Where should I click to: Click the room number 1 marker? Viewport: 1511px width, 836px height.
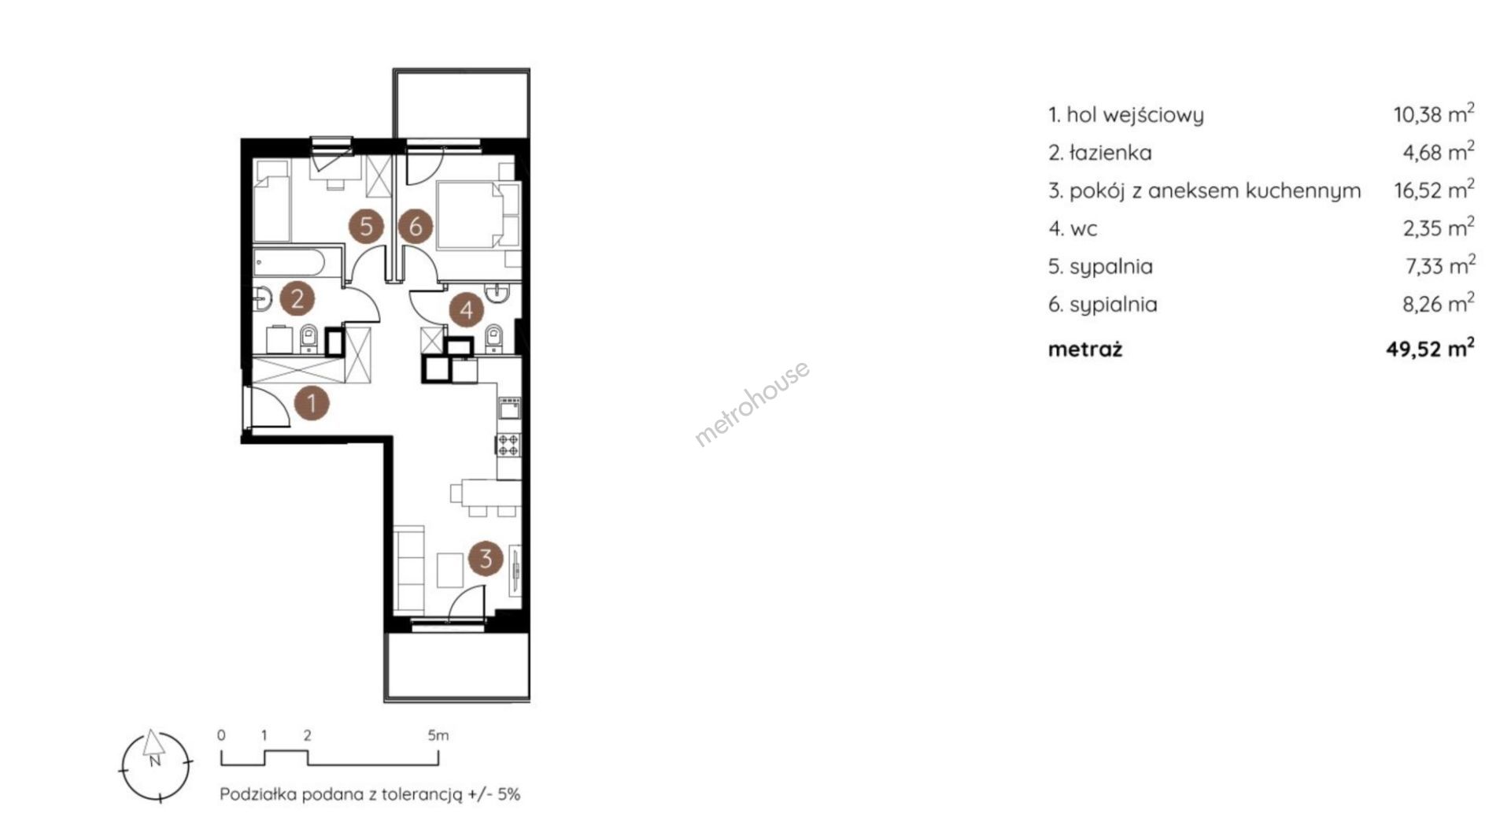point(312,403)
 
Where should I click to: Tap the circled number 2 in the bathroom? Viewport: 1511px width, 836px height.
point(297,298)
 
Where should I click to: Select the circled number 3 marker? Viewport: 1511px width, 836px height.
point(486,558)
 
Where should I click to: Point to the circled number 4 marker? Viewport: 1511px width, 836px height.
point(467,309)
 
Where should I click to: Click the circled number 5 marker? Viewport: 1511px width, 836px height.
point(366,227)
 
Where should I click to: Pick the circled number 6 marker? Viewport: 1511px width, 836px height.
point(416,227)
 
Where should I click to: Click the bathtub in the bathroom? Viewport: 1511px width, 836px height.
point(297,261)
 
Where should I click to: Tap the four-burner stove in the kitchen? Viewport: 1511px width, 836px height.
point(508,445)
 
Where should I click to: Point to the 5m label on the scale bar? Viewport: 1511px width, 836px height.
point(438,735)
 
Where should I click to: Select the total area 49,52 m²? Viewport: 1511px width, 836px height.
point(1430,349)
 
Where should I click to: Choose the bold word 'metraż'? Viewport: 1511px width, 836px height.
point(1085,349)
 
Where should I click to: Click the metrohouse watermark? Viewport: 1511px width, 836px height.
point(752,404)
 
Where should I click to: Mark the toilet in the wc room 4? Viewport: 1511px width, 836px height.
point(494,338)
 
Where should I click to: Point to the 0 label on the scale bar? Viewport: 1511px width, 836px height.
point(221,735)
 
